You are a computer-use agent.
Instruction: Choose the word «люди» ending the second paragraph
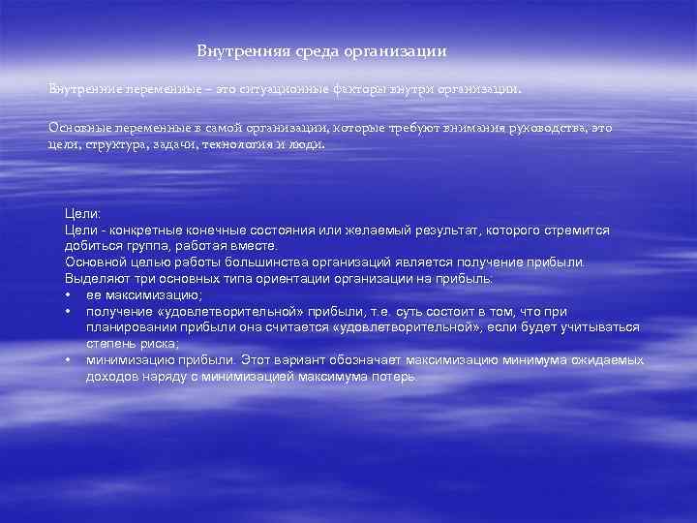coord(309,143)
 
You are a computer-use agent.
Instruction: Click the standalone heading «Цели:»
coord(82,214)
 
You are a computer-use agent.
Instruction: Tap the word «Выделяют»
coord(94,279)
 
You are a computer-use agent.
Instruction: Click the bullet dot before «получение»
coord(70,312)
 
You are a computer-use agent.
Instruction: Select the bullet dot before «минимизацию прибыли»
coord(70,360)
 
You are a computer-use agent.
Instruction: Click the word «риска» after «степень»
coord(157,344)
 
